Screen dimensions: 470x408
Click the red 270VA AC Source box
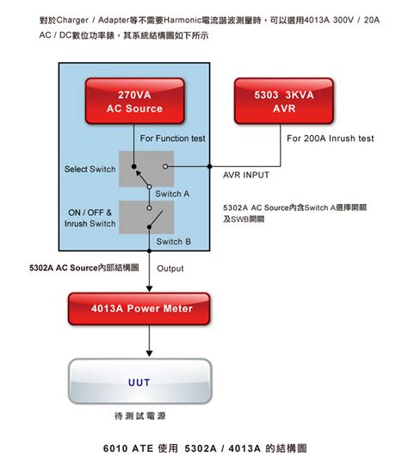click(x=135, y=102)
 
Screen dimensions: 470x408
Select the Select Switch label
click(x=90, y=169)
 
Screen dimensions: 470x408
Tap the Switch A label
click(x=173, y=194)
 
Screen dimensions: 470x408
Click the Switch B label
click(x=173, y=242)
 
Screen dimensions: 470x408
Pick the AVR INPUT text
click(x=246, y=175)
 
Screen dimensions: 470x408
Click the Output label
click(x=170, y=269)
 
